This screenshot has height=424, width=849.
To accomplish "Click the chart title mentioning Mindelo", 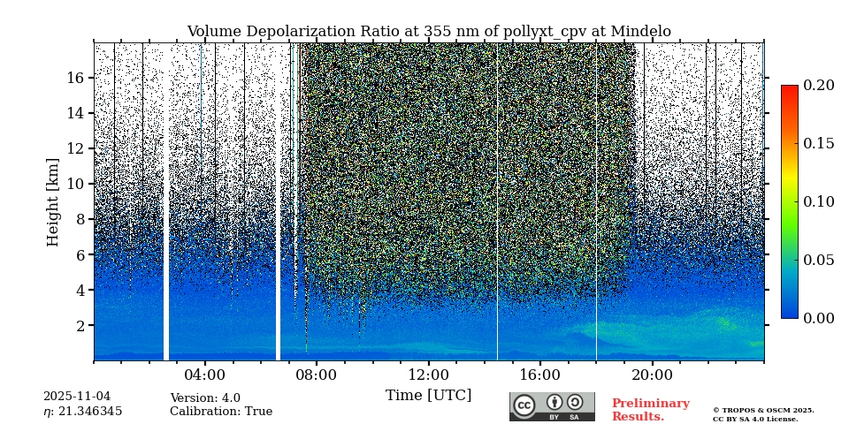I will pyautogui.click(x=429, y=32).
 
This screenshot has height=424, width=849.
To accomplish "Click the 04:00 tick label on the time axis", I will pyautogui.click(x=205, y=375).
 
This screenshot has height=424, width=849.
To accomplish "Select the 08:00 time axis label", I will pyautogui.click(x=317, y=375).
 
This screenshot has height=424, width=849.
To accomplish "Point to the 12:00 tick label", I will pyautogui.click(x=428, y=375).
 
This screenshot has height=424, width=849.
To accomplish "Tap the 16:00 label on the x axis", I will pyautogui.click(x=539, y=375).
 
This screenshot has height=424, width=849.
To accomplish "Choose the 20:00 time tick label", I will pyautogui.click(x=652, y=375).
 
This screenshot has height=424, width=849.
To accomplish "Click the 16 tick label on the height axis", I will pyautogui.click(x=75, y=78).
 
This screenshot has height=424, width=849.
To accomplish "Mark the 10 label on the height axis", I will pyautogui.click(x=75, y=184).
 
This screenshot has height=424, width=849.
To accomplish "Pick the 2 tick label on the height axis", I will pyautogui.click(x=80, y=325).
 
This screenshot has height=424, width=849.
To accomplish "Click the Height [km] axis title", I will pyautogui.click(x=53, y=201).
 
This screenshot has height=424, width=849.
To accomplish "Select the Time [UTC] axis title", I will pyautogui.click(x=428, y=395).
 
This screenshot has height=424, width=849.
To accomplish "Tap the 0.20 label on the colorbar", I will pyautogui.click(x=818, y=86).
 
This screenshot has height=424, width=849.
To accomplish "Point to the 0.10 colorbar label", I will pyautogui.click(x=818, y=201).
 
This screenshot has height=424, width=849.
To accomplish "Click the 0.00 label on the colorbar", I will pyautogui.click(x=818, y=318).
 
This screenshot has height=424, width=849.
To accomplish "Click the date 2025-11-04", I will pyautogui.click(x=77, y=397).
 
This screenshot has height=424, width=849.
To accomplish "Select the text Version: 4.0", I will pyautogui.click(x=205, y=398).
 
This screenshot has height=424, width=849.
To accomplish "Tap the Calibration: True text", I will pyautogui.click(x=221, y=412).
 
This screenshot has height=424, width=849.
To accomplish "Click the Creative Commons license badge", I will pyautogui.click(x=552, y=406).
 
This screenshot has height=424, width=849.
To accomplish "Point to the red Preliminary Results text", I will pyautogui.click(x=650, y=410).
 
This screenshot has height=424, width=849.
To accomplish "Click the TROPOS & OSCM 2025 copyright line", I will pyautogui.click(x=763, y=410).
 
